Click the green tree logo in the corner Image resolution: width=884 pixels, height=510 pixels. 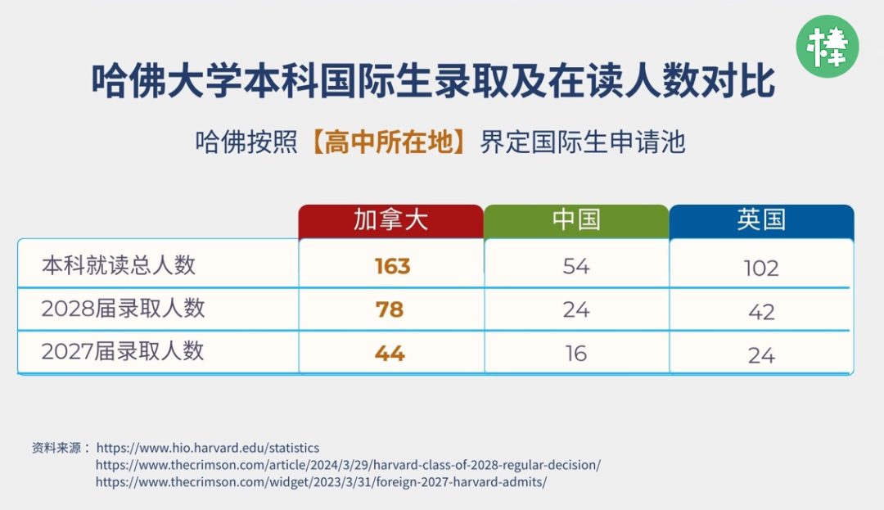(827, 46)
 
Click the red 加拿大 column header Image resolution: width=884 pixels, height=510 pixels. (390, 221)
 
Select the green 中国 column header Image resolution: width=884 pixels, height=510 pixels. (576, 221)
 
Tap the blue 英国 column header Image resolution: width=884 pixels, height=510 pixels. (762, 221)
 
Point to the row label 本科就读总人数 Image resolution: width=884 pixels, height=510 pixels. (119, 265)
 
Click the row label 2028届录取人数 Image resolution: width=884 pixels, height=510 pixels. (123, 309)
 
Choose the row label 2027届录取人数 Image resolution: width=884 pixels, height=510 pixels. (122, 351)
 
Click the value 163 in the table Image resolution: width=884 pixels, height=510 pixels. (392, 266)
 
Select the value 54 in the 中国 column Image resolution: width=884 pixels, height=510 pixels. (576, 266)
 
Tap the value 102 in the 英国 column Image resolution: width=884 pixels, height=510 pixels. (761, 269)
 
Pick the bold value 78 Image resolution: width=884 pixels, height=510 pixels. (390, 309)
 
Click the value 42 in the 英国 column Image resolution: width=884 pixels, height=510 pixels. (762, 312)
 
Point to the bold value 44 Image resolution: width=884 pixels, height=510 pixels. (390, 354)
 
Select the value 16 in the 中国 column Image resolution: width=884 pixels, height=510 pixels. (576, 354)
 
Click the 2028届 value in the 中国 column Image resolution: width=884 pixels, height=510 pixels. (576, 309)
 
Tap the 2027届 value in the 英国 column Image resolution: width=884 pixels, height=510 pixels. (762, 355)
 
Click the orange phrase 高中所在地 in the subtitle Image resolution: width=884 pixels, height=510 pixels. (389, 142)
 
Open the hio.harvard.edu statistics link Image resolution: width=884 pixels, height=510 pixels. (207, 448)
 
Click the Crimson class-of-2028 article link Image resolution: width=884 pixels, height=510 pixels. (348, 465)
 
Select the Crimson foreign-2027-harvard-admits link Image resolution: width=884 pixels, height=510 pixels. (321, 482)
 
